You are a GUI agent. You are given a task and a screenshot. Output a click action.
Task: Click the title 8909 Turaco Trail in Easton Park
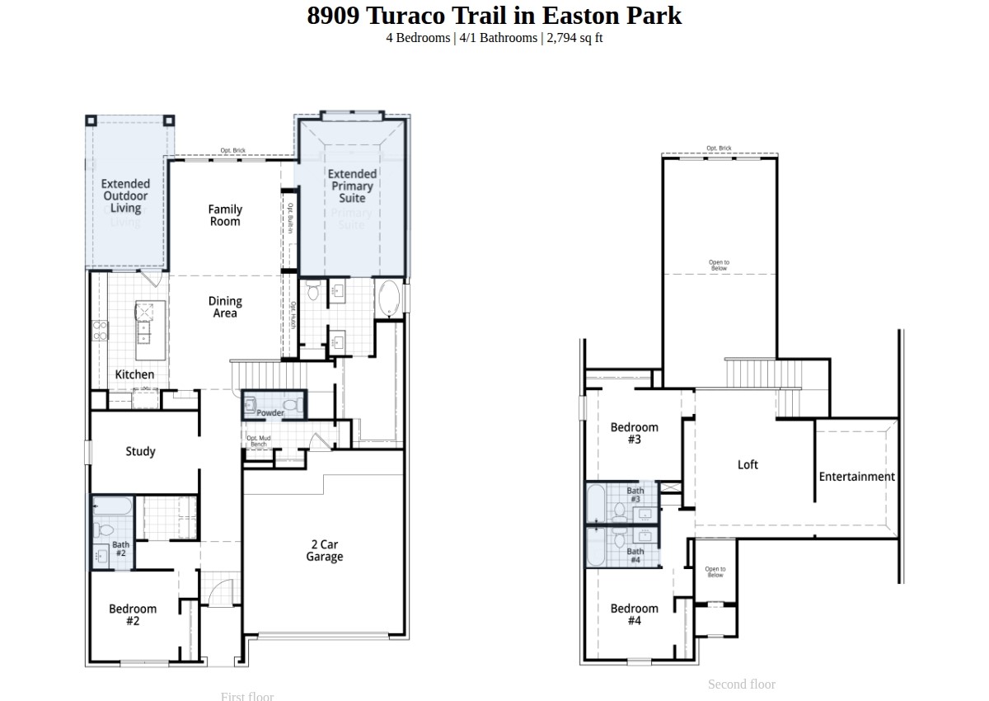[x=494, y=16]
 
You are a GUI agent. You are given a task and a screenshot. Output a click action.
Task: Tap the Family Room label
[x=224, y=215]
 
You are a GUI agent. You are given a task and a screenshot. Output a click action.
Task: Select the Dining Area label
[x=224, y=307]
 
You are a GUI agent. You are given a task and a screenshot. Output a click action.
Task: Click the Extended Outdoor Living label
[x=125, y=196]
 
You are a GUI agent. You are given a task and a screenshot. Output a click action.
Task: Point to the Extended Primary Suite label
[x=352, y=186]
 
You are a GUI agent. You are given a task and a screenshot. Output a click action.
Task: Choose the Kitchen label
[x=134, y=374]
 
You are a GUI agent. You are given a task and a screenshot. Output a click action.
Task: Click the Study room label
[x=140, y=451]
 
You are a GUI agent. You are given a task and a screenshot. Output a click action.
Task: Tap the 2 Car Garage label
[x=324, y=550]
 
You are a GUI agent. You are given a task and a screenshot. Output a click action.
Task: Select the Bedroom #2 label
[x=133, y=614]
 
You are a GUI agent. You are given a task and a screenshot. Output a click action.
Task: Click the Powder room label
[x=270, y=412]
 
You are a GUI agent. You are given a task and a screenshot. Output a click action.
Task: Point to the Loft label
[x=748, y=464]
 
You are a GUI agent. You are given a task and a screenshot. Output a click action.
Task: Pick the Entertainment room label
[x=856, y=476]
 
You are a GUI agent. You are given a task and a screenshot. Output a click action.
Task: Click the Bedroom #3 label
[x=634, y=433]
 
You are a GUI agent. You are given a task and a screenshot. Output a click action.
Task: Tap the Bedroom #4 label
[x=634, y=614]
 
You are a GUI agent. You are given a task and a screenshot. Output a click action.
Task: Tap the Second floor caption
[x=741, y=684]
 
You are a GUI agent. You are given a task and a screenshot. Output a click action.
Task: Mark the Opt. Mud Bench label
[x=259, y=441]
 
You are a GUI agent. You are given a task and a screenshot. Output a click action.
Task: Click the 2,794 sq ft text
[x=574, y=38]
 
